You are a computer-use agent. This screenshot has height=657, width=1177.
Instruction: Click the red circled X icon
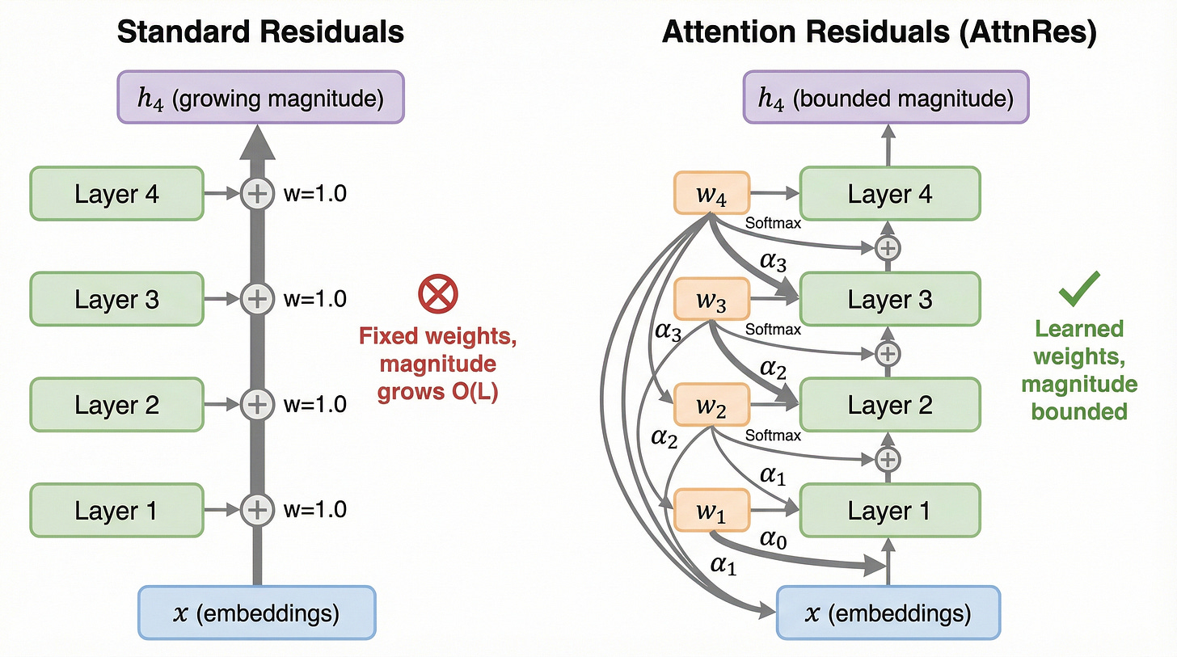point(438,294)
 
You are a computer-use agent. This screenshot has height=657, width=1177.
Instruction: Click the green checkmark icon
point(1079,288)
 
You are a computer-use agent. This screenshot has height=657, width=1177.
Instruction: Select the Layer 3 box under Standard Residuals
point(116,300)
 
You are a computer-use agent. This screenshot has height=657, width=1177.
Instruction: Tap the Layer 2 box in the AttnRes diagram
point(889,405)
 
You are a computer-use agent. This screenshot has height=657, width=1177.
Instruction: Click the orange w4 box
point(711,195)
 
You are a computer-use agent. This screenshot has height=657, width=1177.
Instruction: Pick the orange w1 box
point(711,511)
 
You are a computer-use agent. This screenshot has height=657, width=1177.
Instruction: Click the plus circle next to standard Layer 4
point(256,194)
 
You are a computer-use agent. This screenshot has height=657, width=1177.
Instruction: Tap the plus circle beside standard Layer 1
point(256,510)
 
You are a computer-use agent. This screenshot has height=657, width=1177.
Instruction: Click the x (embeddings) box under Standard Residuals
point(257,613)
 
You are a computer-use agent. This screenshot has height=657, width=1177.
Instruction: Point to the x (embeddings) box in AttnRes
point(888,613)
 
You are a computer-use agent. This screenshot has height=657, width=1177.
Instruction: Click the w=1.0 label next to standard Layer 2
point(314,405)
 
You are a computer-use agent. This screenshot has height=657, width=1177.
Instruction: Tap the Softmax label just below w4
point(773,223)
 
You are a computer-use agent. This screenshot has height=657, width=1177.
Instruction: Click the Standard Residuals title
point(259,32)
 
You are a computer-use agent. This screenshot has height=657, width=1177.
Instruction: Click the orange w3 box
point(711,300)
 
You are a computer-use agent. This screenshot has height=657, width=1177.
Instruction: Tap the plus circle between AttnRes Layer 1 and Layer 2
point(888,459)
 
